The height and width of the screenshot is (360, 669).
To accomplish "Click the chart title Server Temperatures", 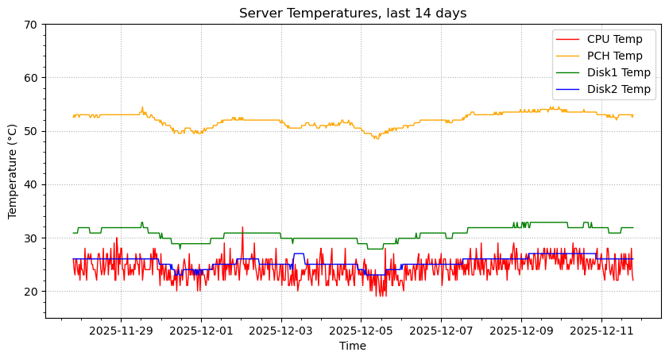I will coord(353,13).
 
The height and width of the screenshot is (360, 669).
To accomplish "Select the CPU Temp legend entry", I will coord(621,39).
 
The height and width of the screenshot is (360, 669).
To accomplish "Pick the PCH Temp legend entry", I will coord(621,56).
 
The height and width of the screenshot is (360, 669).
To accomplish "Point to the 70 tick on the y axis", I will coord(30,25).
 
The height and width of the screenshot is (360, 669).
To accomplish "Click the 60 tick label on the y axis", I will coord(30,78).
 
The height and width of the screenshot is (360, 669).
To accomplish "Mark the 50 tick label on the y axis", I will coord(30,131).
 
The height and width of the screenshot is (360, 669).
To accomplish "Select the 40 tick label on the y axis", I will coord(30,184).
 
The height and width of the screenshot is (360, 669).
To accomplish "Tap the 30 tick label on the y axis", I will coord(30,238).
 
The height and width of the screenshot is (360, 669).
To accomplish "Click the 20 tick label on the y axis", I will coord(30,292).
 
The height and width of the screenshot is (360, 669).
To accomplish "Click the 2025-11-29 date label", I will coord(121,330).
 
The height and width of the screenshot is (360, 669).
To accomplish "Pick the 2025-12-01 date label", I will coord(201,330).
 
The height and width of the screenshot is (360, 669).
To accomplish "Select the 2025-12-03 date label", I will coord(281,330).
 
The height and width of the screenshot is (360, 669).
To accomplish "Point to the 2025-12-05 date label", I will coord(362,330).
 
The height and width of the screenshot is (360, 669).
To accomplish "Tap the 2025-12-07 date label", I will coord(442,330).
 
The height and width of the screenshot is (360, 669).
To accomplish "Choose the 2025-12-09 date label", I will coord(521,330).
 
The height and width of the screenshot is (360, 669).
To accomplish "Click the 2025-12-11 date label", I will coord(601,330).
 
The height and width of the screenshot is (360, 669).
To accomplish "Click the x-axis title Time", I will coord(353,346).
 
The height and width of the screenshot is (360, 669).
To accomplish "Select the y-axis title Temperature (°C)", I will coord(13,171).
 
